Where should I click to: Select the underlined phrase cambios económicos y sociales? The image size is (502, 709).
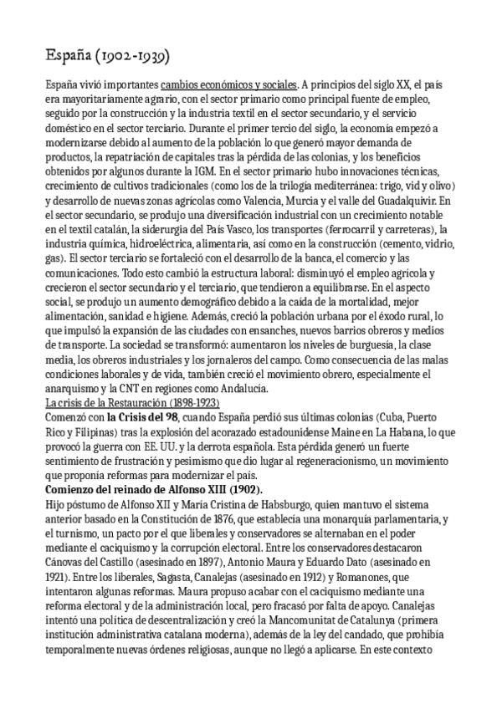(228, 84)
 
